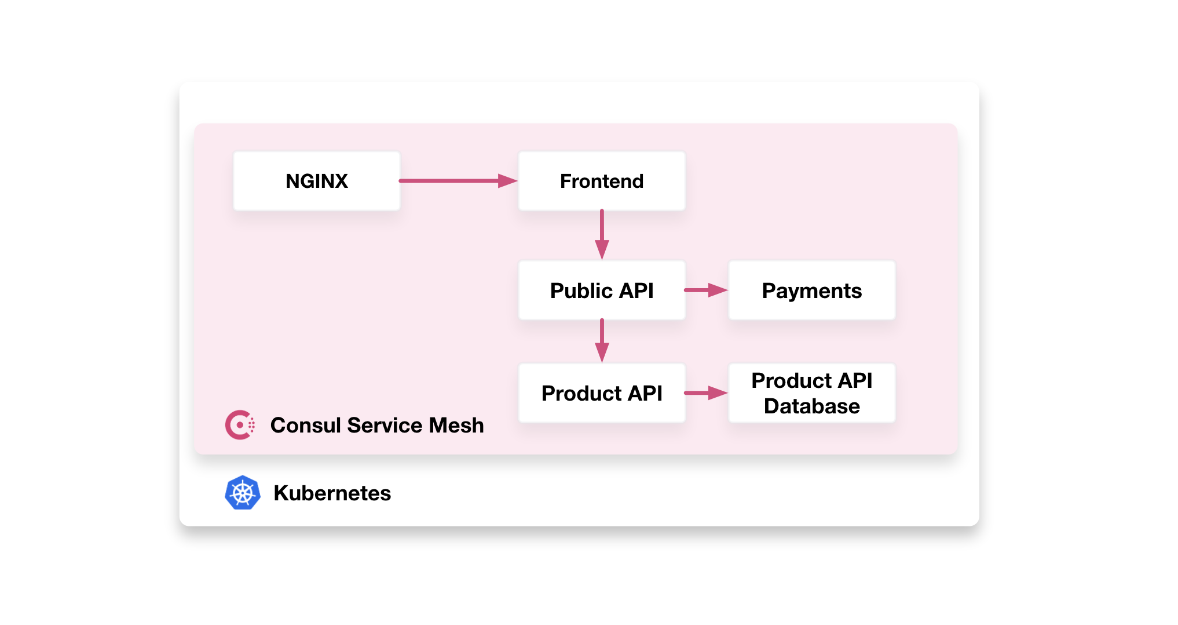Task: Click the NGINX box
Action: tap(316, 181)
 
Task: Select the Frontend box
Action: tap(602, 181)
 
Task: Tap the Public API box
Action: tap(602, 290)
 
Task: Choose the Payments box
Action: tap(811, 290)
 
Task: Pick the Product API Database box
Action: tap(811, 393)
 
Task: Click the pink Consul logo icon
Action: tap(240, 425)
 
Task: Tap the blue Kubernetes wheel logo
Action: tap(242, 493)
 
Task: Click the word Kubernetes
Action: tap(332, 493)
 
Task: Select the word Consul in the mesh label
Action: tap(305, 426)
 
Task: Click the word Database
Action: tap(811, 406)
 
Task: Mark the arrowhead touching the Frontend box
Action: tap(508, 181)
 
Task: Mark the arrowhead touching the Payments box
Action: tap(718, 290)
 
